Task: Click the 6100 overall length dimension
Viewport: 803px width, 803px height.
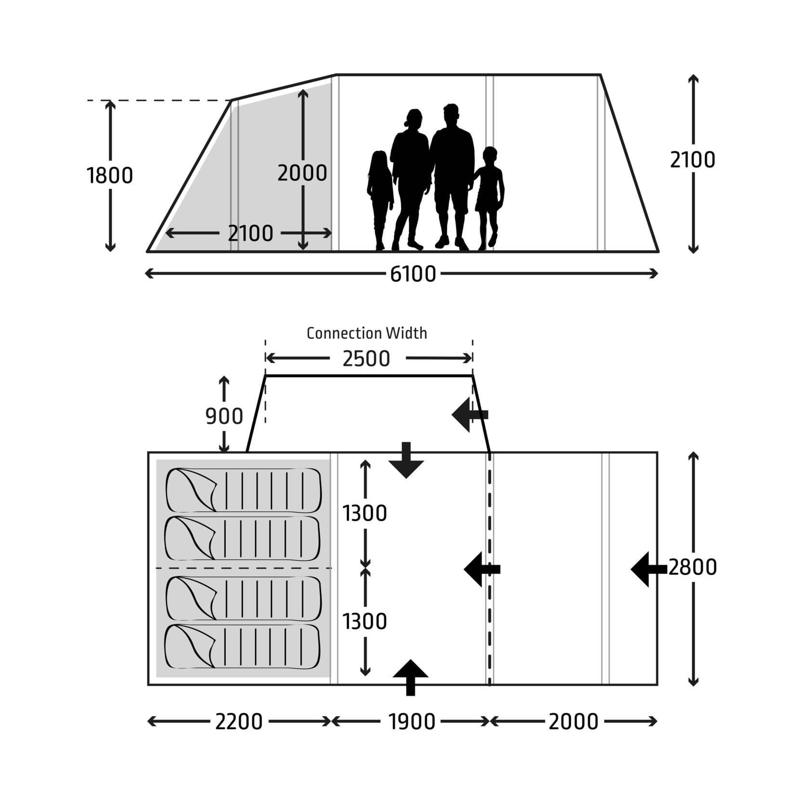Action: pos(413,274)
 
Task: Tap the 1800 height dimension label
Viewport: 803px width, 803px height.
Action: pos(110,176)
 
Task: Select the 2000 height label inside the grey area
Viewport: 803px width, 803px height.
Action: pos(302,173)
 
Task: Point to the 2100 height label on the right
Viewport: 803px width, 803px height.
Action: pos(692,160)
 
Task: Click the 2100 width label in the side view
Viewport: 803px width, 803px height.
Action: pos(250,234)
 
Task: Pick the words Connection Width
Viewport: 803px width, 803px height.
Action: pos(367,333)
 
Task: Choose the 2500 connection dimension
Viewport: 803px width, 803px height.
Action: pos(366,359)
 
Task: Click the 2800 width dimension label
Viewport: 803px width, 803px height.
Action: pos(692,567)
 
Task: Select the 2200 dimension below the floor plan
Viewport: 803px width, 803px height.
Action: pos(238,722)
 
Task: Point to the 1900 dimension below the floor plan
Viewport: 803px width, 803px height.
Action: pos(412,722)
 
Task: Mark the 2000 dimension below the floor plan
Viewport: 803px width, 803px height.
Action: pos(573,722)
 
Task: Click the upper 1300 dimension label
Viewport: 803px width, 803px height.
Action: pos(365,513)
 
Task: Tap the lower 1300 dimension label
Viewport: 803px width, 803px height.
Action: pos(365,622)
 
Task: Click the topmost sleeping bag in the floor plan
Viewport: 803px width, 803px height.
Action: pos(243,490)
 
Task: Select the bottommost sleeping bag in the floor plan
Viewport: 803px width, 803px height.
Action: pos(243,646)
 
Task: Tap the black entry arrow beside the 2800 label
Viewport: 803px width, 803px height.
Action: pos(648,569)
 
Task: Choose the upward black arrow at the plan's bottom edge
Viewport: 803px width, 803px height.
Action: pos(410,677)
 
